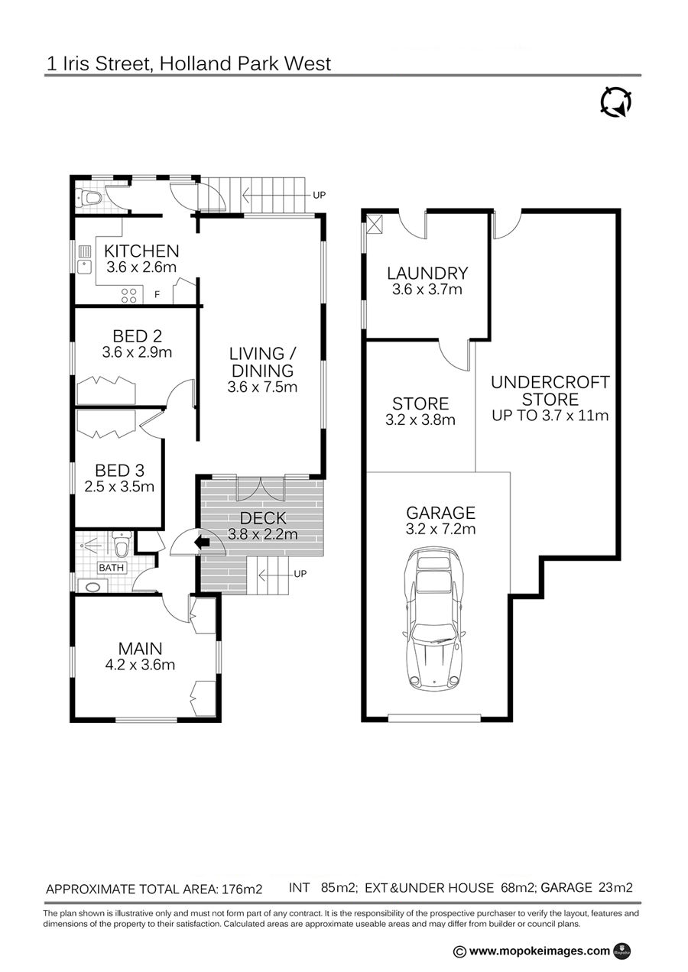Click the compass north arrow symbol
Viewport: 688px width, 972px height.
click(615, 102)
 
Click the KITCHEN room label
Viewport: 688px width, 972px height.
click(141, 251)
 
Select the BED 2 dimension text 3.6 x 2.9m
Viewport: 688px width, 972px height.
click(137, 352)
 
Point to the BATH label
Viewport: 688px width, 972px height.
click(111, 568)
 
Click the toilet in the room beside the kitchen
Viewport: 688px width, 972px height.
click(90, 199)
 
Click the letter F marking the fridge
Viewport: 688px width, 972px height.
click(157, 295)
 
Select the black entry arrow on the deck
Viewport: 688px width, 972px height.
click(203, 542)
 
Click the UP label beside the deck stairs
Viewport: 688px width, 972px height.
click(300, 574)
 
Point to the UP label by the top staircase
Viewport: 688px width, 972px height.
click(319, 196)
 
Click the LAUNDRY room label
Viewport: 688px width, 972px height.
click(427, 274)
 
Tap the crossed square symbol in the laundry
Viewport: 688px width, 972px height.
click(375, 225)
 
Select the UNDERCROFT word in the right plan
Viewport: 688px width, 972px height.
click(550, 382)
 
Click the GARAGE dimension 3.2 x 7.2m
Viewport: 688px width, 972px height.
click(440, 529)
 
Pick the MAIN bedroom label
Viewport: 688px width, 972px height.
click(140, 649)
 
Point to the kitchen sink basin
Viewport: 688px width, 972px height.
click(84, 267)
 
